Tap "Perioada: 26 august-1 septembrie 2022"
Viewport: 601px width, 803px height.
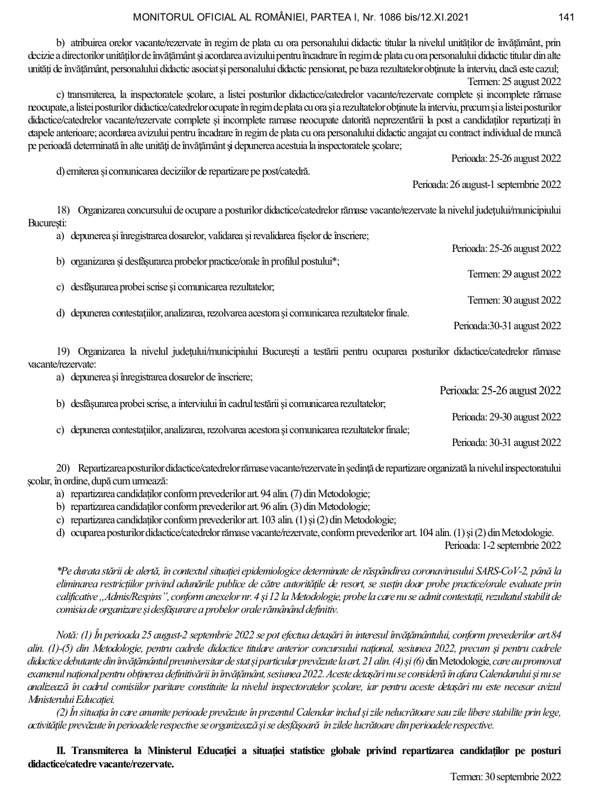click(486, 184)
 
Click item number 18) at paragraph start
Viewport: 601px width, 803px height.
click(63, 210)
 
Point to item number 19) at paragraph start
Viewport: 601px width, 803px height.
click(63, 351)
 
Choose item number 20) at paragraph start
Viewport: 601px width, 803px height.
click(63, 468)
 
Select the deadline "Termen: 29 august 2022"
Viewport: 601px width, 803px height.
click(514, 274)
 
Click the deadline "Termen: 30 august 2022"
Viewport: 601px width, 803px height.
click(514, 300)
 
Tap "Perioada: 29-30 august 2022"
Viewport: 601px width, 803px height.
click(506, 417)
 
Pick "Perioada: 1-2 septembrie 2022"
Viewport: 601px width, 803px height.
click(503, 546)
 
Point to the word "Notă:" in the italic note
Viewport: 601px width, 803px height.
click(67, 635)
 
